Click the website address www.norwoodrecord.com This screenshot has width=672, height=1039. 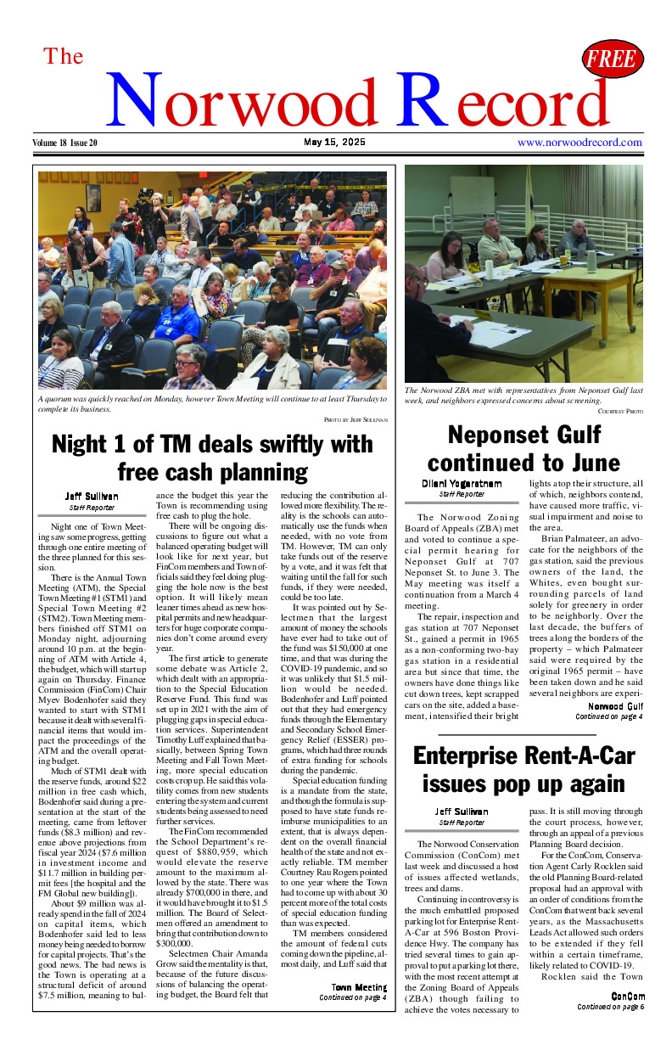[x=580, y=143]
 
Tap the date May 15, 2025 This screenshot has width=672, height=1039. [x=334, y=143]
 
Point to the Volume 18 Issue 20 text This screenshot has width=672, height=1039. [x=65, y=143]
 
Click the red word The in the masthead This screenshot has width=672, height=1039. [x=64, y=57]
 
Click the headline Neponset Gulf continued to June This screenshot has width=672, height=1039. [x=524, y=449]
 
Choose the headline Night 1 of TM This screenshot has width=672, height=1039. [x=212, y=457]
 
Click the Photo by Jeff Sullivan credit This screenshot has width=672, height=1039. [x=356, y=419]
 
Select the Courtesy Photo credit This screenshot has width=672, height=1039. [x=620, y=411]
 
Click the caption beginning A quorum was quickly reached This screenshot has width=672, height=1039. [x=199, y=403]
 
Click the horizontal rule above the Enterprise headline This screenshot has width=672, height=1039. [x=517, y=734]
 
